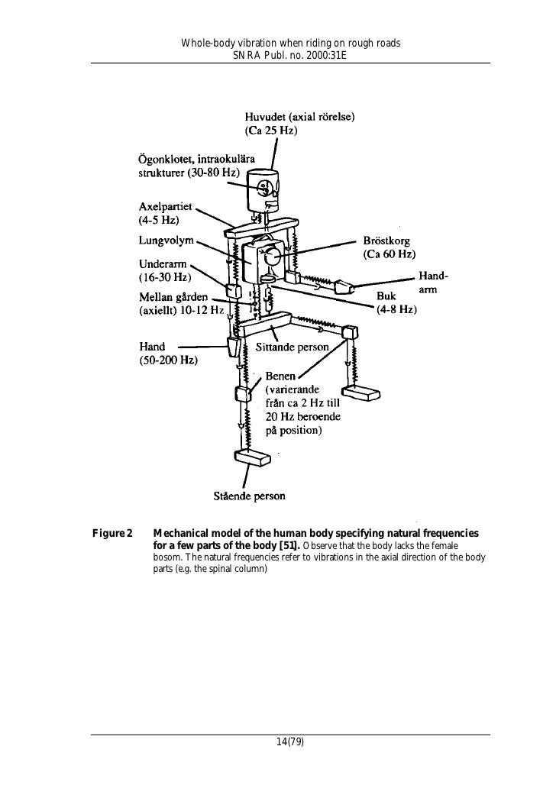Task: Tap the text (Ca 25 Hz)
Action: pyautogui.click(x=271, y=131)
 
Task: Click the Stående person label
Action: pyautogui.click(x=249, y=496)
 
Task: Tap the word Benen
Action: pyautogui.click(x=281, y=377)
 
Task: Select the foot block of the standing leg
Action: pyautogui.click(x=252, y=458)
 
